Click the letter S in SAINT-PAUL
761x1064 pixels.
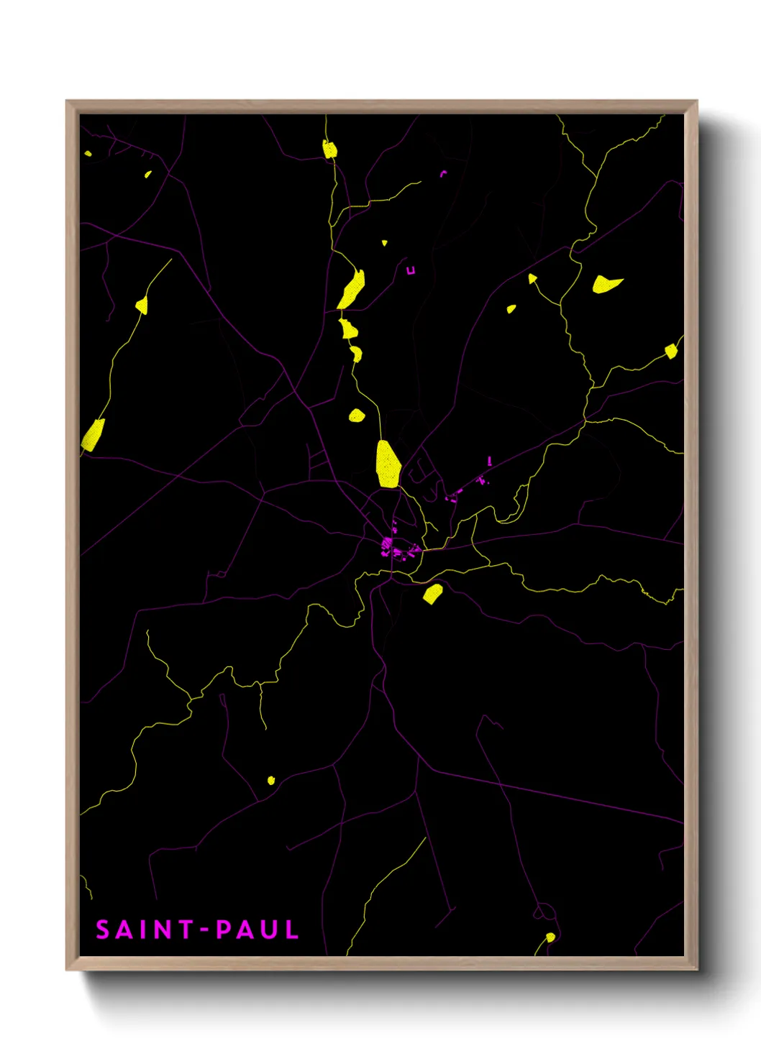103,930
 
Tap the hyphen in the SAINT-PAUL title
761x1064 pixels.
204,930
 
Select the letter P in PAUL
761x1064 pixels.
224,930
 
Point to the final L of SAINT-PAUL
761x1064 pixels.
291,930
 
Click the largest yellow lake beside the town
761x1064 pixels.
388,464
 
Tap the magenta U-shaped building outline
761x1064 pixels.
411,270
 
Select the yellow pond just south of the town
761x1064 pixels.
432,594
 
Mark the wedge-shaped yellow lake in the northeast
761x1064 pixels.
606,284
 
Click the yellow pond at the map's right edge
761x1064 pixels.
671,351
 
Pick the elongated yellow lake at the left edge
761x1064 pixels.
94,434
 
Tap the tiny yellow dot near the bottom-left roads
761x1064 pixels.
271,780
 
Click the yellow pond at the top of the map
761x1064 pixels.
329,150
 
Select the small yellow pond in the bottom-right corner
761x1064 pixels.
550,937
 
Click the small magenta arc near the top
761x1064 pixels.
443,173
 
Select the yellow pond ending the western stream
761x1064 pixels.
142,306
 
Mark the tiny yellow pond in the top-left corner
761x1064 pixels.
88,153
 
